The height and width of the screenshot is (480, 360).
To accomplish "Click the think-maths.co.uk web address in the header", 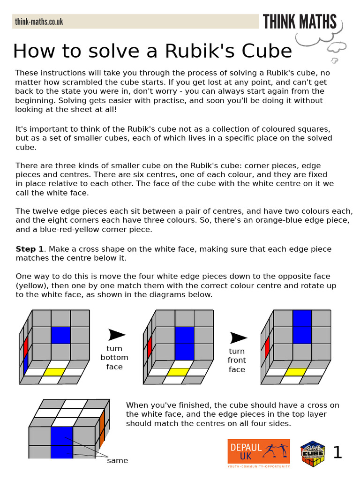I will point(39,22).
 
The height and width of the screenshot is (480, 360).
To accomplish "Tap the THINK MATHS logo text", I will point(300,22).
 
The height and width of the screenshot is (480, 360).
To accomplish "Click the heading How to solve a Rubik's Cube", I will point(152,51).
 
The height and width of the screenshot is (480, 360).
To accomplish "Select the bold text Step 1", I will point(30,249).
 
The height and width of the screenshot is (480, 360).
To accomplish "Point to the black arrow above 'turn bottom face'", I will point(117,334).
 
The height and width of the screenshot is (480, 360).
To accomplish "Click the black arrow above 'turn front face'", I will point(238,337).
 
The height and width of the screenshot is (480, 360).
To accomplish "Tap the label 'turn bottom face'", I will point(114,358).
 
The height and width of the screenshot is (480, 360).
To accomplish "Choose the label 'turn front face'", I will point(237,360).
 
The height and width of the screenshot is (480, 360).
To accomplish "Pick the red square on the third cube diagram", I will point(267,347).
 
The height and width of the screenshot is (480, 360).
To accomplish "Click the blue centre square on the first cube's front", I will point(60,335).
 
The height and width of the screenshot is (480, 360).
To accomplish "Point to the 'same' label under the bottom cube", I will point(117,460).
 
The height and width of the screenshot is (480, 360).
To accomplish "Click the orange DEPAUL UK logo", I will point(258,452).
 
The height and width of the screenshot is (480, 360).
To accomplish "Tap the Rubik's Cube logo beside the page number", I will point(313,453).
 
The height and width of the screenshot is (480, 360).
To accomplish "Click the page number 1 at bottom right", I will point(337,452).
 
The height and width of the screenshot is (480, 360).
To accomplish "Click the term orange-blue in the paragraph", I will point(238,220).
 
